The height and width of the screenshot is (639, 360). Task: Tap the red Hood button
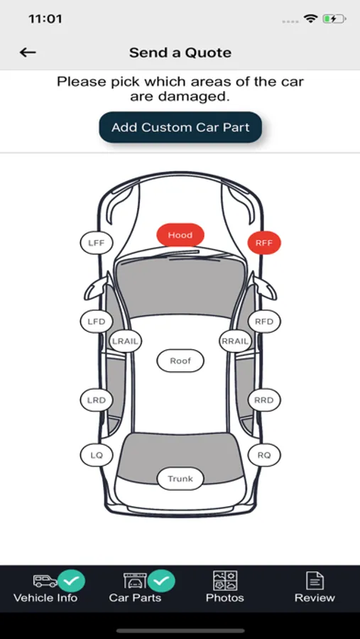tap(180, 235)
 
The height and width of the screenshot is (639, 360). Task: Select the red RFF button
tap(264, 244)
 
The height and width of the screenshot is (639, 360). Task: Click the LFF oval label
tap(97, 244)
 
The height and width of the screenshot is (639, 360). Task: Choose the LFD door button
tap(97, 322)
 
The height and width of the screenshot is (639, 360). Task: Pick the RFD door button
tap(264, 322)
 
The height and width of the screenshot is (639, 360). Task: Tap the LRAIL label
tap(125, 342)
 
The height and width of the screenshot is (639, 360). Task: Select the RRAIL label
tap(235, 342)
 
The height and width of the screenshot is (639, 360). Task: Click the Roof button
tap(180, 361)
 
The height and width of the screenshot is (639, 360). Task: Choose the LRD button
tap(97, 400)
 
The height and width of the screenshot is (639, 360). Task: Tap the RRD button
tap(264, 400)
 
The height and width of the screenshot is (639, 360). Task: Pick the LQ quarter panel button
tap(97, 455)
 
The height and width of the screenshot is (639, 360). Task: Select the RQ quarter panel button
tap(264, 455)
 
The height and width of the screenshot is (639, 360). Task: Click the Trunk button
tap(180, 479)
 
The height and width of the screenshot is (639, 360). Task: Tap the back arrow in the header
tap(28, 52)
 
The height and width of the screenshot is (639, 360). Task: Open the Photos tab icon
tap(225, 581)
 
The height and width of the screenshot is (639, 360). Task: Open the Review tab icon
tap(315, 581)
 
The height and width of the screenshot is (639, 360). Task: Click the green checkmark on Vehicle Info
tap(71, 581)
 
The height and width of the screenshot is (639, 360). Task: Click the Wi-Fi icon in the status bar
tap(311, 18)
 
